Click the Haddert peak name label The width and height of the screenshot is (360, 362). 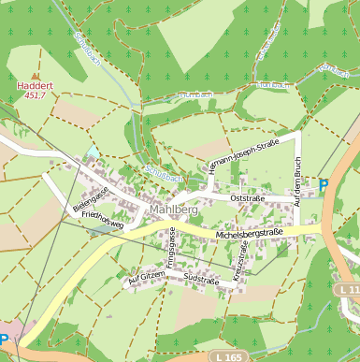(x=36, y=85)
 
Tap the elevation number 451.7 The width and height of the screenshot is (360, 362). (x=36, y=94)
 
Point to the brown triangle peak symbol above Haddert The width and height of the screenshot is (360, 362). (x=36, y=76)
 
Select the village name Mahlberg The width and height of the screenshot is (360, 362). (x=173, y=210)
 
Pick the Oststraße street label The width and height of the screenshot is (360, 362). (x=248, y=198)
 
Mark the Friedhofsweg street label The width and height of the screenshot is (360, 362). (x=103, y=221)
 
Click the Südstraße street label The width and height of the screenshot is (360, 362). (x=201, y=280)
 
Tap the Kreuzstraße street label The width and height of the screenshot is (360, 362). (x=240, y=258)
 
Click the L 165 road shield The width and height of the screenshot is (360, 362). (x=225, y=356)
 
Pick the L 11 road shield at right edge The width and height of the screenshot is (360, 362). (x=349, y=291)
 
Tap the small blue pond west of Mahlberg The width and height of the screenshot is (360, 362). (x=92, y=151)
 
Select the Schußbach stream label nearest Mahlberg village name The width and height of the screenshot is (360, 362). (x=165, y=175)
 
